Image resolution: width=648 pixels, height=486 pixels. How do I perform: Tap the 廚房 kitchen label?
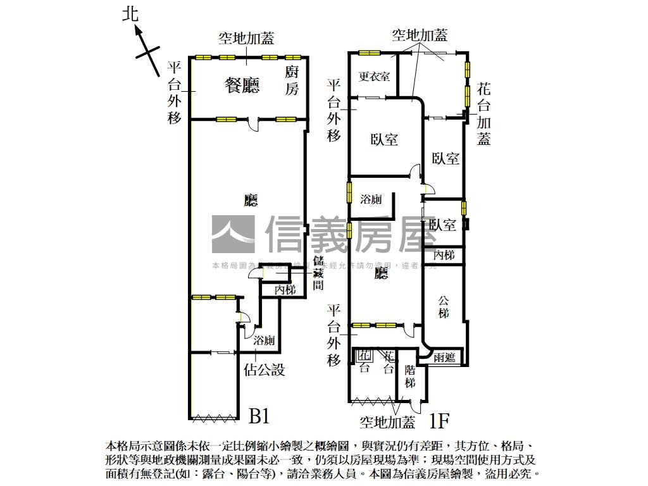coord(291,80)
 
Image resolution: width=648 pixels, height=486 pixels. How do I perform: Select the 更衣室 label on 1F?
coord(374,77)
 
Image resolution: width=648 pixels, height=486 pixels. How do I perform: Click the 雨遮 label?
coord(444,357)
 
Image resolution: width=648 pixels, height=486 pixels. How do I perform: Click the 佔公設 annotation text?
coord(264,370)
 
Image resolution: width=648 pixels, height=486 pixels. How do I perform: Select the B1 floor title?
coord(259,416)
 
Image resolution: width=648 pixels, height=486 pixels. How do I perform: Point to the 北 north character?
coord(130,14)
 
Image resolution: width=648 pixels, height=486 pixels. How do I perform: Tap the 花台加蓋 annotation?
coord(484,113)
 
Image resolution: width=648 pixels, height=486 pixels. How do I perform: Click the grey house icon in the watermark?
coord(232,234)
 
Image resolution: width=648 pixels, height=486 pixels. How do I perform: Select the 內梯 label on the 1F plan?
coord(444,255)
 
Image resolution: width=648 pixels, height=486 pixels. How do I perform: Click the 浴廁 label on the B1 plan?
coord(264,340)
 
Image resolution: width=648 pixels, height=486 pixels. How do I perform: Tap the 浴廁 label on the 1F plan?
coord(371,199)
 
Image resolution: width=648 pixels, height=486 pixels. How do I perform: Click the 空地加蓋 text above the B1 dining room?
coord(246,39)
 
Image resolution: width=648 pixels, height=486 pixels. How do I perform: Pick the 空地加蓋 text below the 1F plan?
coord(387,421)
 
